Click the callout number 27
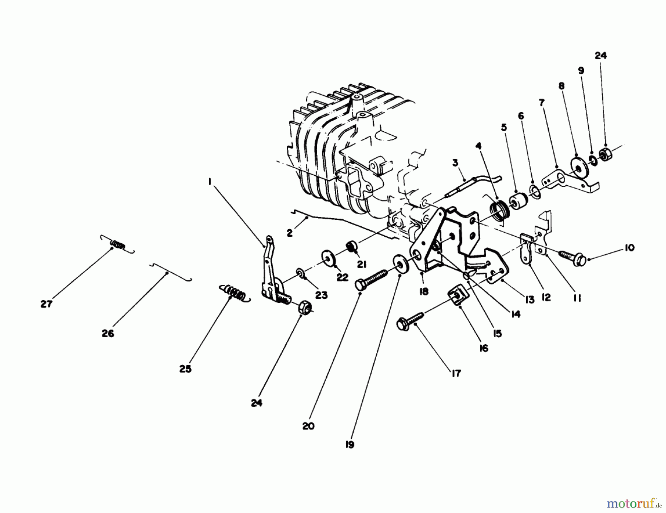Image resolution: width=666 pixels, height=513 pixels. pos(46,304)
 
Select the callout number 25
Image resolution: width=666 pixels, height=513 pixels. pos(185,369)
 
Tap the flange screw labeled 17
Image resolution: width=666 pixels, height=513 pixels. pos(410,320)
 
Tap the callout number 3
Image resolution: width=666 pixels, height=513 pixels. pos(455,162)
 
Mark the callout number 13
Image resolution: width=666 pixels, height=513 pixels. pos(530,300)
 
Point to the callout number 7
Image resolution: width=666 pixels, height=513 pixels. pos(541,102)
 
